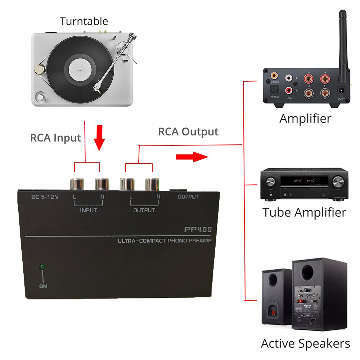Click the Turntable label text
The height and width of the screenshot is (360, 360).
click(x=84, y=21)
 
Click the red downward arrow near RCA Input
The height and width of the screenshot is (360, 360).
click(x=100, y=137)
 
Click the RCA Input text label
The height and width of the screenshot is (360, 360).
click(x=55, y=138)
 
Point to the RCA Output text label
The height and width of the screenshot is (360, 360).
click(x=188, y=132)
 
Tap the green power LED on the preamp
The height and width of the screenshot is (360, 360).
click(x=42, y=267)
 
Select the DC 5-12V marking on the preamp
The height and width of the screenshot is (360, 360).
click(x=45, y=197)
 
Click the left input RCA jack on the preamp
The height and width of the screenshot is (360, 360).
click(x=77, y=184)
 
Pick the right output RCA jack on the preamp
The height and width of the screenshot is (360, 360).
click(x=152, y=184)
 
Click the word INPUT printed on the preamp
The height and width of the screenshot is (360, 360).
click(x=88, y=210)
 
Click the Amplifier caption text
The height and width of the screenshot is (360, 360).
click(x=305, y=118)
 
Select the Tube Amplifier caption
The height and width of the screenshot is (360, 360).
click(x=304, y=212)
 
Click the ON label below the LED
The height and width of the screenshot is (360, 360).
click(x=43, y=287)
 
